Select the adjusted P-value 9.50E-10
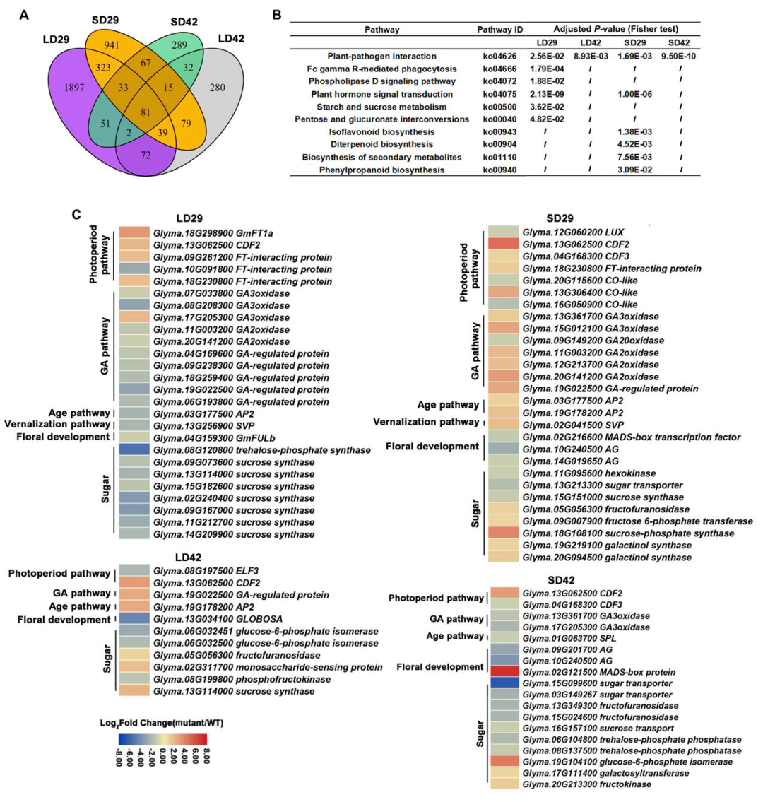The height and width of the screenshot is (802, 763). [x=682, y=56]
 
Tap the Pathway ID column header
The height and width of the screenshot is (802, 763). [x=499, y=30]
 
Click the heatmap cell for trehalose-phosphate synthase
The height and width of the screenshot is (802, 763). [x=133, y=449]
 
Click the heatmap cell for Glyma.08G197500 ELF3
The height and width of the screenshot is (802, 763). [x=133, y=570]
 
